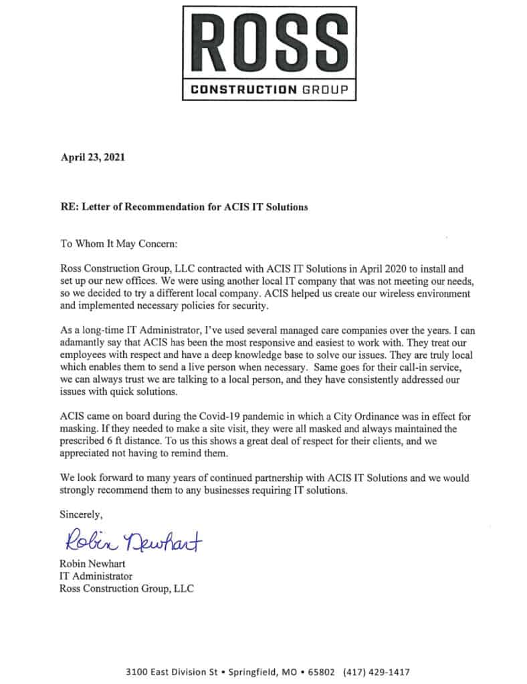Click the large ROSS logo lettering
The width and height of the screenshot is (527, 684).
click(269, 44)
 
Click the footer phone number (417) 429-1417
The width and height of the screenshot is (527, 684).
click(375, 671)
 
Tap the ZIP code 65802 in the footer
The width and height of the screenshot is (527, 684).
click(318, 671)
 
